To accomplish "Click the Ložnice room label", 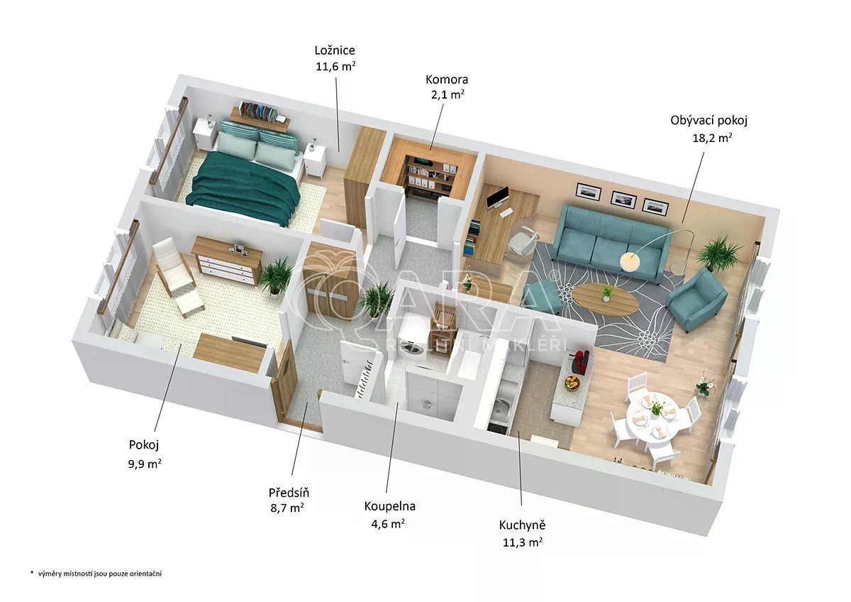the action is (x=335, y=50).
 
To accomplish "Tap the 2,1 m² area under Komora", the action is (x=447, y=94).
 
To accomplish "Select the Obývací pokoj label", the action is (x=708, y=121).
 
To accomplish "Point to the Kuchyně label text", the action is (x=522, y=525).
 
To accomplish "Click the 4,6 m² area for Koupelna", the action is (x=388, y=524).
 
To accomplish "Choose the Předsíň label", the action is (x=289, y=493).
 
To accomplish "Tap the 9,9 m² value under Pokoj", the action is (x=145, y=464).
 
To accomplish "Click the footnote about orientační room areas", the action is (x=96, y=574).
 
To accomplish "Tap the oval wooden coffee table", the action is (x=605, y=300).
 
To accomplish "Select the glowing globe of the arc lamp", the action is (x=630, y=261).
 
